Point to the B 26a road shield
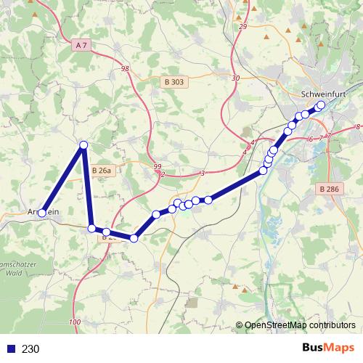[x=102, y=171]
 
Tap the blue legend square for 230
[x=9, y=349]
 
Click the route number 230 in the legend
[x=30, y=349]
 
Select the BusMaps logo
[x=327, y=348]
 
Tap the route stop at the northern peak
[x=83, y=145]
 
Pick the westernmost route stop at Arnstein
[x=42, y=213]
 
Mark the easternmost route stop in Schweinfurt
[x=321, y=105]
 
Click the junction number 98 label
[x=126, y=69]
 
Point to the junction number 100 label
[x=76, y=322]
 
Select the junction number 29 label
[x=242, y=27]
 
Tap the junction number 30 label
[x=234, y=78]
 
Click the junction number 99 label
[x=158, y=167]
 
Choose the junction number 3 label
[x=203, y=172]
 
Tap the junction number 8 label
[x=358, y=127]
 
